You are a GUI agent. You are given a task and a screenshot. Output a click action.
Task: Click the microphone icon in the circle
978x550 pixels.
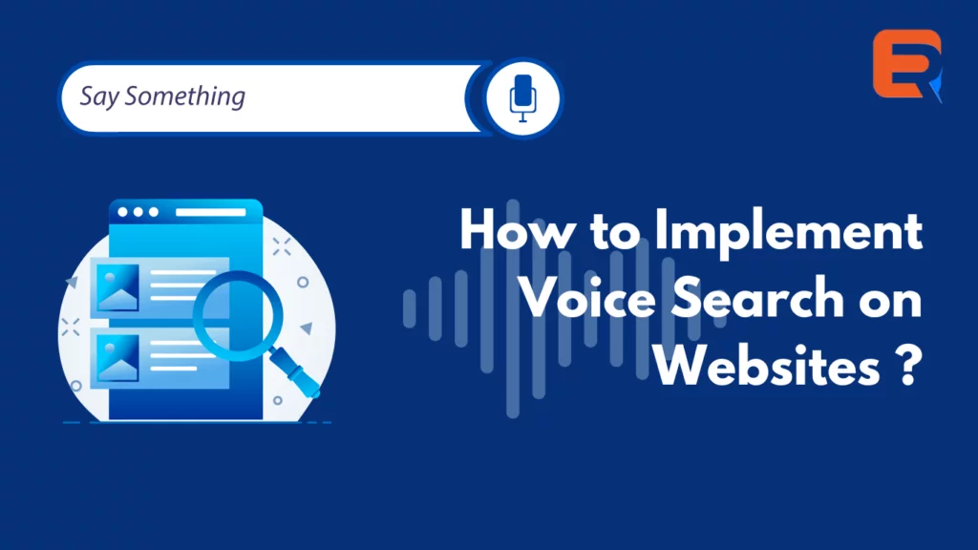click(522, 98)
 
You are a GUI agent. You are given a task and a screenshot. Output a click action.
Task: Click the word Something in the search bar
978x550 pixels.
click(184, 96)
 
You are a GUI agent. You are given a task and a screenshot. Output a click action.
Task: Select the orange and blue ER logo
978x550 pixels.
click(907, 65)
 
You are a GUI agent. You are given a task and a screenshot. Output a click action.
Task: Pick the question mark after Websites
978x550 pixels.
click(909, 366)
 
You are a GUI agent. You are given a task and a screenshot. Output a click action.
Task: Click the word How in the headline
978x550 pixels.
click(517, 231)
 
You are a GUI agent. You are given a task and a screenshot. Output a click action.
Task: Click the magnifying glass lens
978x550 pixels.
click(238, 316)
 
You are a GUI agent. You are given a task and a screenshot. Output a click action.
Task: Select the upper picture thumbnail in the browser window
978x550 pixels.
click(117, 287)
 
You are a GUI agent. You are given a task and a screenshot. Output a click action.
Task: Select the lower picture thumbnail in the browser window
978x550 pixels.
click(117, 357)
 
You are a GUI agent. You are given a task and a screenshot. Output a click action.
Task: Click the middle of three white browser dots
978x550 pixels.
click(138, 212)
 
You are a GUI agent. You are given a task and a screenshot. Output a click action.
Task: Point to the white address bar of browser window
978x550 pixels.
click(211, 212)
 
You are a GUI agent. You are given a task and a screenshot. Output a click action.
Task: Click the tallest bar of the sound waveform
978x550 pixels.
click(513, 308)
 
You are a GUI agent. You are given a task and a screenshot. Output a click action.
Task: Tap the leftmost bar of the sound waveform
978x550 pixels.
click(409, 308)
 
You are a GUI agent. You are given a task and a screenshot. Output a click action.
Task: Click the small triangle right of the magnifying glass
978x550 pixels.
click(307, 328)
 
